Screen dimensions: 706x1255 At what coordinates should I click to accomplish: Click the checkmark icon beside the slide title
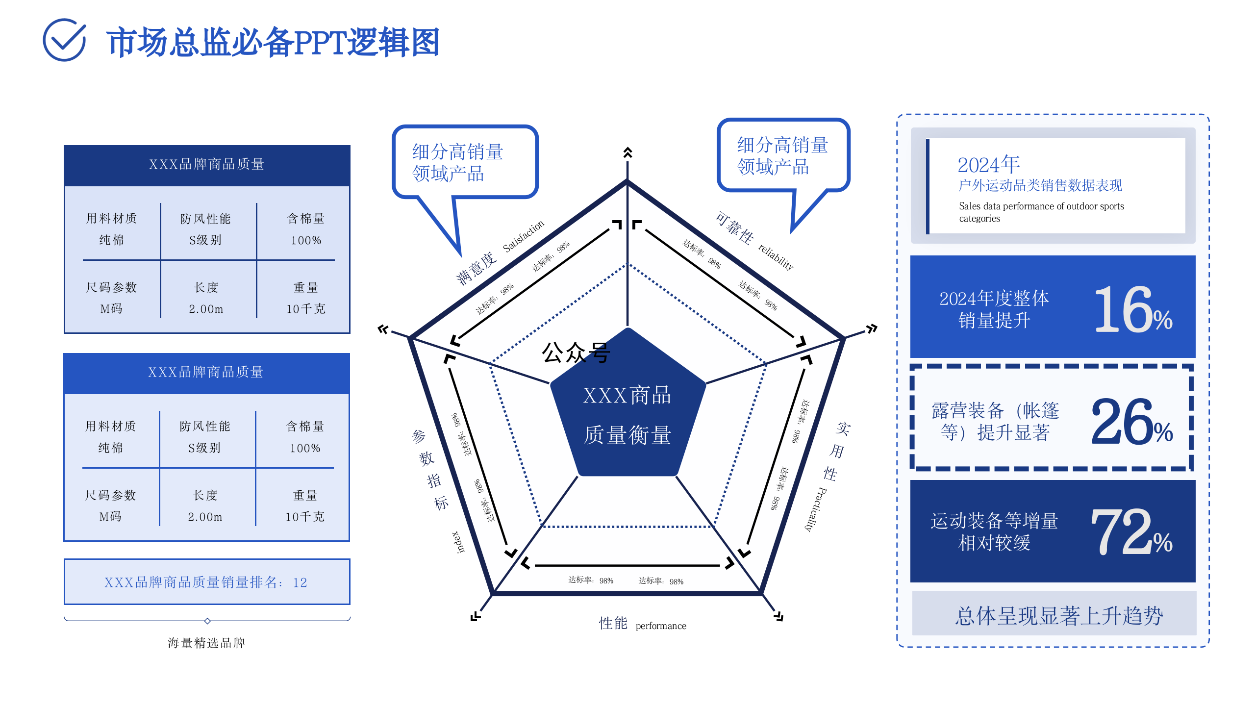coord(64,40)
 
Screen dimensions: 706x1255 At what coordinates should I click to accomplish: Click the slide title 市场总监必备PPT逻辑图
coord(273,43)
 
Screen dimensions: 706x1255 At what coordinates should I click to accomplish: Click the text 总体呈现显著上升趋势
coord(1059,616)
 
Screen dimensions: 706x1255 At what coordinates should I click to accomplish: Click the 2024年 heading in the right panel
coord(988,165)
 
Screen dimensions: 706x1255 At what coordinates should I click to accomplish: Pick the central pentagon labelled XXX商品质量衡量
coord(627,414)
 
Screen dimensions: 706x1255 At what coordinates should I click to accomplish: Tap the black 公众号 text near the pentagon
coord(576,352)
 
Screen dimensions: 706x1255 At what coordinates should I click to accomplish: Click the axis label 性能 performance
coord(642,624)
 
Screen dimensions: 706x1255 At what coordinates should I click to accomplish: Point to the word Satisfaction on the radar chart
coord(523,236)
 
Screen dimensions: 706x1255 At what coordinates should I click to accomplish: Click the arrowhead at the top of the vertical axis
coord(627,152)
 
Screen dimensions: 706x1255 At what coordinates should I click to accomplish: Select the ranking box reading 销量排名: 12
coord(206,582)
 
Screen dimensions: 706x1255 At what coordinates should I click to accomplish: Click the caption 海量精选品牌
coord(206,643)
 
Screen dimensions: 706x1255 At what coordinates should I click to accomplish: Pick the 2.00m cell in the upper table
coord(206,309)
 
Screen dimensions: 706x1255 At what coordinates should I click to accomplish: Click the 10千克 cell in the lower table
coord(305,516)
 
